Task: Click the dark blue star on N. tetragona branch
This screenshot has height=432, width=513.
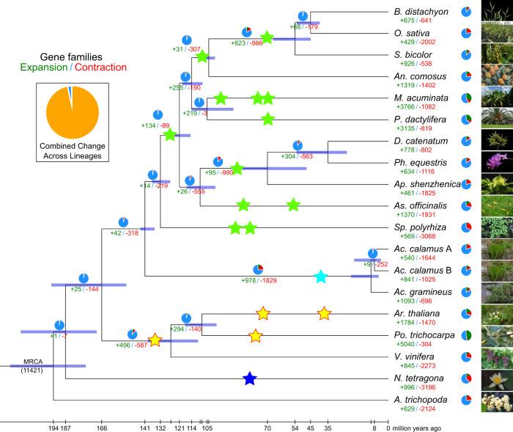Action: coord(250,378)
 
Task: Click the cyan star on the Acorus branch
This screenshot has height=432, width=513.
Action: coord(320,277)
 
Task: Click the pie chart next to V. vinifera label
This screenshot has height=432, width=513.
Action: coord(465,357)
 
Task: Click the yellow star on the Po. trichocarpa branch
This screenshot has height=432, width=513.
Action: coord(255,336)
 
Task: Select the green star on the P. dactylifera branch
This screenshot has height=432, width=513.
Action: coord(267,120)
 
